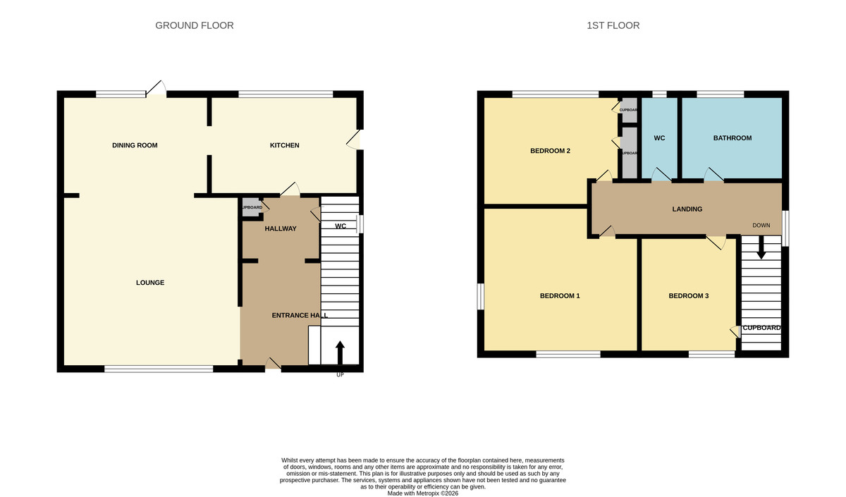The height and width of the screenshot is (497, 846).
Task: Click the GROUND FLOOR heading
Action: coord(194,25)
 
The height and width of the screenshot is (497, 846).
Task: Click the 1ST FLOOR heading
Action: coord(613,25)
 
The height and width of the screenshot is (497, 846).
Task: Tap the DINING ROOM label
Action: coord(135,145)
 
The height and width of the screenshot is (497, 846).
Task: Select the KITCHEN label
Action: coord(285,145)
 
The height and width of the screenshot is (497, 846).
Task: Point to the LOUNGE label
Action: coord(150,283)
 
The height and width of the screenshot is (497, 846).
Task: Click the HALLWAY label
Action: coord(281,228)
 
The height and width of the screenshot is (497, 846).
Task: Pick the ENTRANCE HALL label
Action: coord(300,316)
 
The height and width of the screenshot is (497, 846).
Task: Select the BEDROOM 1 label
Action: coord(560,295)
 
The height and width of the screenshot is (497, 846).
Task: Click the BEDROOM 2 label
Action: coord(550,151)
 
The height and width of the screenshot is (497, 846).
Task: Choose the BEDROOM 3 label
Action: coord(689,295)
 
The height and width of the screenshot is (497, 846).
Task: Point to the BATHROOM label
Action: coord(732,138)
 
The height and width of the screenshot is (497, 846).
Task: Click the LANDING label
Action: coord(687,209)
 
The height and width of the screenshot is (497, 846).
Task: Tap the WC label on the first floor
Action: coord(659,138)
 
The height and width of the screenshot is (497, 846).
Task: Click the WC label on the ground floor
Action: coord(340,226)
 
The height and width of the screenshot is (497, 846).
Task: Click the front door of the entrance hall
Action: coord(272,364)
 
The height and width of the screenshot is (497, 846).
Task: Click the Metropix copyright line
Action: coord(423,493)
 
